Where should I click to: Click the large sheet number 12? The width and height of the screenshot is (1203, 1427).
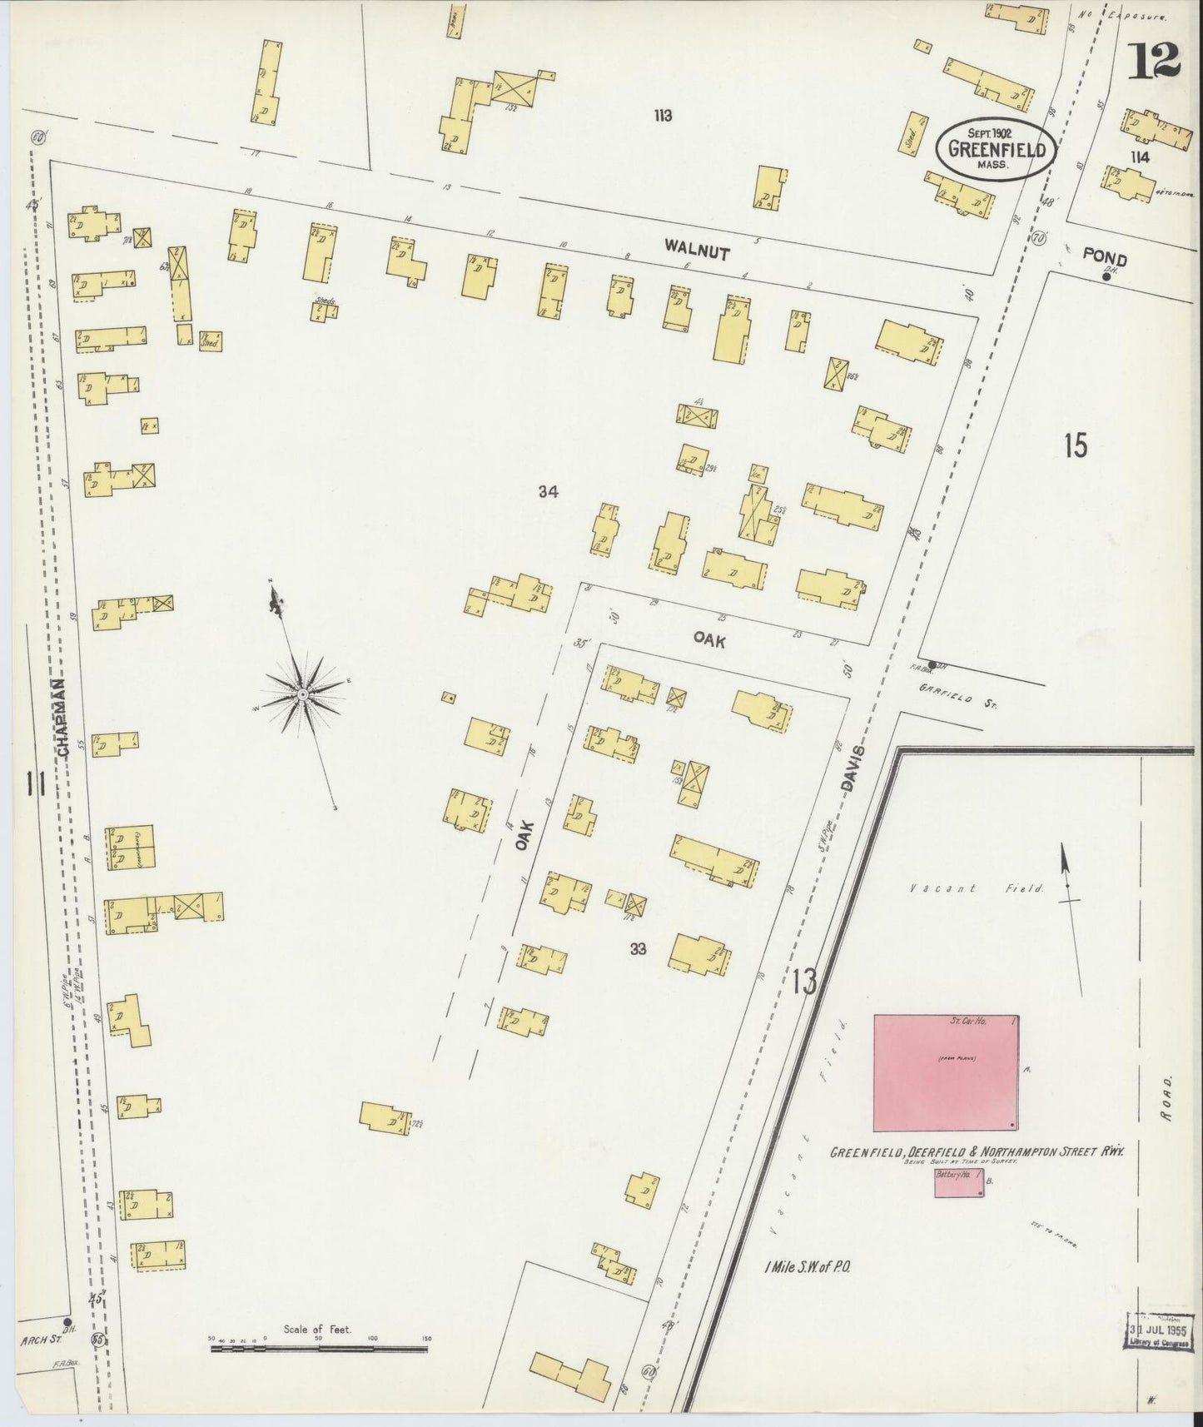point(1154,60)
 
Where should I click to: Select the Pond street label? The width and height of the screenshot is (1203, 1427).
point(1105,258)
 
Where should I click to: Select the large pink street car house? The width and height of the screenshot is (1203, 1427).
point(946,1073)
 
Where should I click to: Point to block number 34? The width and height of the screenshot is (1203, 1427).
point(547,492)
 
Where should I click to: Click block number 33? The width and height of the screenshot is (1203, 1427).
point(638,948)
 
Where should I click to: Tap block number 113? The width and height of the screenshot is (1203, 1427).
point(663,116)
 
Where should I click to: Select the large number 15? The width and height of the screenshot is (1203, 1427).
point(1075,446)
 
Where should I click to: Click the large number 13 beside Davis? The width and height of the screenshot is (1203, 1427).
point(804,982)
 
